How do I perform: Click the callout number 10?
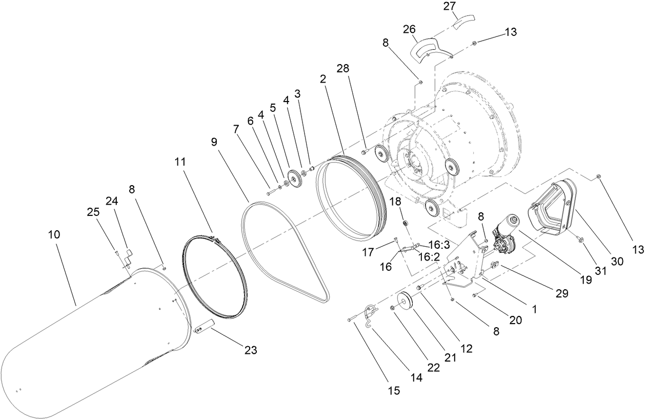[54, 235]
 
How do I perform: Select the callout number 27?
[450, 6]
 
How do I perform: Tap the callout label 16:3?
[439, 245]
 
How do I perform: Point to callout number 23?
[250, 350]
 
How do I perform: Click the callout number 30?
[617, 261]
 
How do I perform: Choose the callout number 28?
[343, 68]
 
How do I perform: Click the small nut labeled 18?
[405, 223]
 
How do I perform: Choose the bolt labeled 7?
[271, 192]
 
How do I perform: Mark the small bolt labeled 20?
[474, 295]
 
